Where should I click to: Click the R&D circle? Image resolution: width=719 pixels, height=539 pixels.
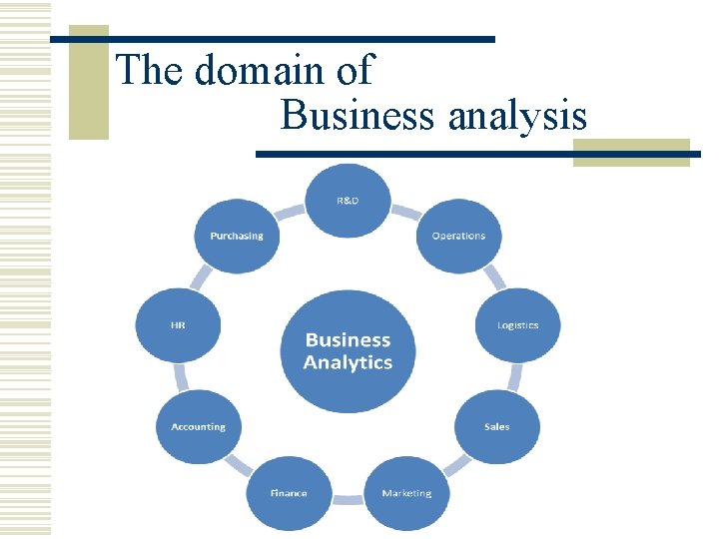point(347,201)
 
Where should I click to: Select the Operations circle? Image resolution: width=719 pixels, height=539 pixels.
point(458,237)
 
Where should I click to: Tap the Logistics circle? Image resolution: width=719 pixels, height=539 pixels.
point(517,325)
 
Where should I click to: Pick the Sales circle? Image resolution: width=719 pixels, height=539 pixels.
point(496,427)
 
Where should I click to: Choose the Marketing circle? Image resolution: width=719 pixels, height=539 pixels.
point(406,493)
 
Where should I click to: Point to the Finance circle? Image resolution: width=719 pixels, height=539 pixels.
point(289,493)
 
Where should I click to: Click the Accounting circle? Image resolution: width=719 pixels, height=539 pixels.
point(198,427)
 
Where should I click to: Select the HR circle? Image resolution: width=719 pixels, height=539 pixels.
point(178,325)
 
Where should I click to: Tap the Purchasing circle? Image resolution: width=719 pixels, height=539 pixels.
point(237,237)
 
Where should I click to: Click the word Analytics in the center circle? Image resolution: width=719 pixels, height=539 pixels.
point(348,363)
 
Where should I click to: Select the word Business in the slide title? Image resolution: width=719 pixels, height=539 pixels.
point(358,116)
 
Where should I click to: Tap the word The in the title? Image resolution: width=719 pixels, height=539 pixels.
point(151,71)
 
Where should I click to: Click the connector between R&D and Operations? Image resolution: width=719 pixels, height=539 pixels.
point(404,212)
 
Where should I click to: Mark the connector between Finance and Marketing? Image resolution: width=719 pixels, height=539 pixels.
point(348,498)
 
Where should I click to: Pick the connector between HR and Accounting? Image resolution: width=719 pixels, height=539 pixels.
point(182,377)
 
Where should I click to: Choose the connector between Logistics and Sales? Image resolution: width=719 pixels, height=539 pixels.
point(513,377)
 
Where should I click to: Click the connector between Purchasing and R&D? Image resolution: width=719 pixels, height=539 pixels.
point(290,212)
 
